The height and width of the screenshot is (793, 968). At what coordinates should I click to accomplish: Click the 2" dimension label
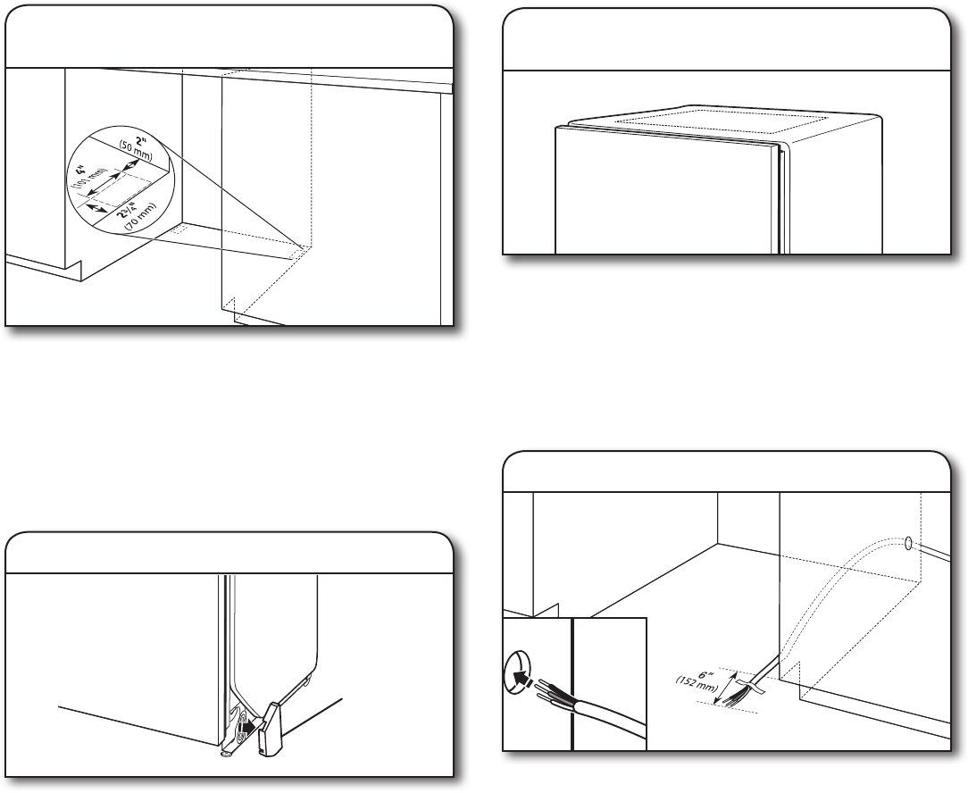pos(140,141)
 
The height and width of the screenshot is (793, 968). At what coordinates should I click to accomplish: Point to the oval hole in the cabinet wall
pos(908,543)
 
